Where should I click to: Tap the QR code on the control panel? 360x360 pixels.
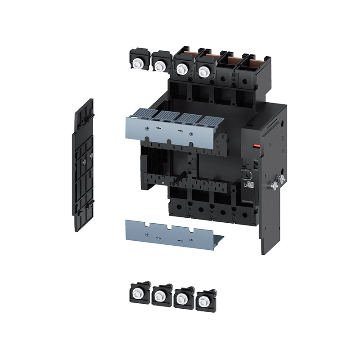tap(250, 184)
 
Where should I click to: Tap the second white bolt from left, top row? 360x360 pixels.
tap(159, 67)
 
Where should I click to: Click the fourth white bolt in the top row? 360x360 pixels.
tap(204, 71)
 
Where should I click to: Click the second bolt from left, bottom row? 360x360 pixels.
tap(160, 296)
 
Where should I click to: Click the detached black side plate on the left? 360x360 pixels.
tap(83, 165)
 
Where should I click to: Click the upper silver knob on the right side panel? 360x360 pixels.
tap(282, 179)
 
